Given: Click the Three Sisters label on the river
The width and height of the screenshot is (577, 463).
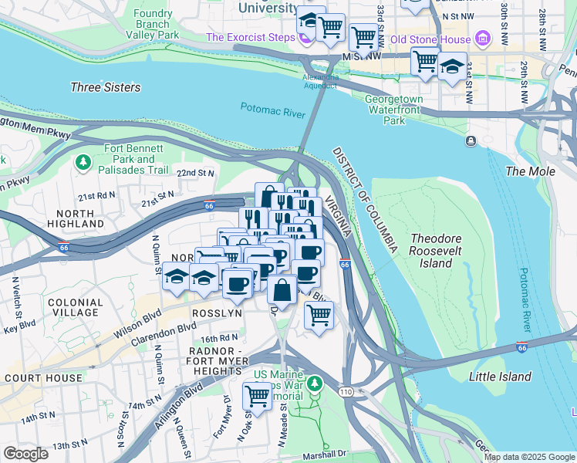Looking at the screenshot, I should [x=106, y=87].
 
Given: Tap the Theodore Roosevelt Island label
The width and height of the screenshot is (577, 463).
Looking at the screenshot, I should [x=441, y=251].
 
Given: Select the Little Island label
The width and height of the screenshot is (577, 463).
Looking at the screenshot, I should [x=500, y=377].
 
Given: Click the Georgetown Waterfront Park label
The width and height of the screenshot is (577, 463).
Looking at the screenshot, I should [x=394, y=110].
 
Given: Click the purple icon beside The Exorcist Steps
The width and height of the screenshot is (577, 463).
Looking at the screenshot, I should [x=307, y=37].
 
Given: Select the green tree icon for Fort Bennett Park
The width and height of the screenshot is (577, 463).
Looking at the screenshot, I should [x=83, y=163].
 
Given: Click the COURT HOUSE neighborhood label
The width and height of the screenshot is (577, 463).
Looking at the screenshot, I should [x=42, y=378].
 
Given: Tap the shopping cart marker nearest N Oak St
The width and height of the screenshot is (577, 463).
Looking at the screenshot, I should [x=257, y=395].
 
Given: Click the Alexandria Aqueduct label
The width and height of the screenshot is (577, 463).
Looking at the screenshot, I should [x=320, y=82].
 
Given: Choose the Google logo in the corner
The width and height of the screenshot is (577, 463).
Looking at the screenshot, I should [x=25, y=454].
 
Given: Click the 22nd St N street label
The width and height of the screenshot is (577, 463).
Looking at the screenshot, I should [x=195, y=174].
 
